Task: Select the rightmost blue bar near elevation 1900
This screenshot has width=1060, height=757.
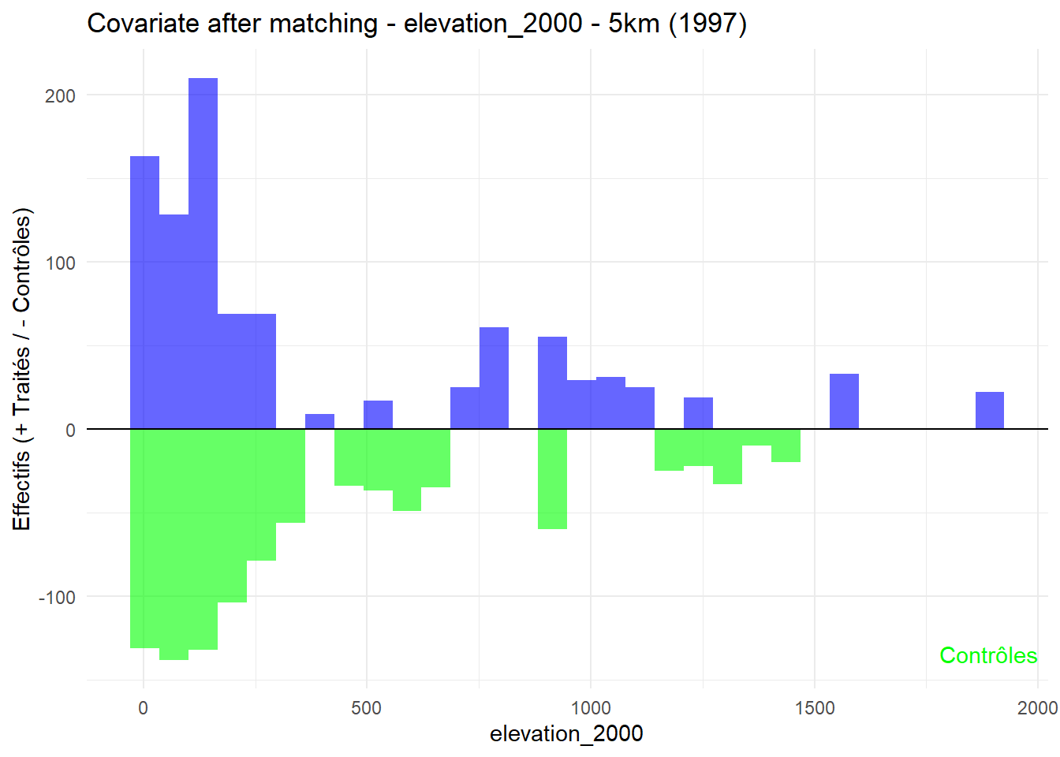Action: [989, 411]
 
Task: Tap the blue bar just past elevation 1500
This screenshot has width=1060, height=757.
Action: [844, 401]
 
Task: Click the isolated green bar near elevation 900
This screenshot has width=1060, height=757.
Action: [552, 479]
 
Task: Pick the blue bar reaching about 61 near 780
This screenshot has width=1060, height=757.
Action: [494, 378]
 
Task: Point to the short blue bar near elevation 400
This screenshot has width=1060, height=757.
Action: [319, 422]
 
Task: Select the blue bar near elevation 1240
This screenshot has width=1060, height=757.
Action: [698, 413]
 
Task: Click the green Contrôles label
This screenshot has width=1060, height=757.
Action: [988, 656]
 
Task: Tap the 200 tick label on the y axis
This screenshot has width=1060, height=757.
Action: [61, 96]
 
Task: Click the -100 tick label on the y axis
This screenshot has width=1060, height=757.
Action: [57, 598]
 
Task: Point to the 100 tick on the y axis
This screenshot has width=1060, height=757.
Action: [61, 263]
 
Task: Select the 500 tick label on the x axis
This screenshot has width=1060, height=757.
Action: [366, 708]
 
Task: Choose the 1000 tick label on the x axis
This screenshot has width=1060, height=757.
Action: [590, 708]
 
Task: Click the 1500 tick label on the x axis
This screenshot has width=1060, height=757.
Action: [814, 708]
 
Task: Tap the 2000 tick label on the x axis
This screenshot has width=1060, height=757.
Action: [1037, 708]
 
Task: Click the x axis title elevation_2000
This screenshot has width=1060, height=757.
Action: [566, 734]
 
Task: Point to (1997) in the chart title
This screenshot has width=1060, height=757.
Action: [707, 24]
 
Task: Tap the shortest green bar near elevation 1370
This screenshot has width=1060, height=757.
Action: [756, 438]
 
